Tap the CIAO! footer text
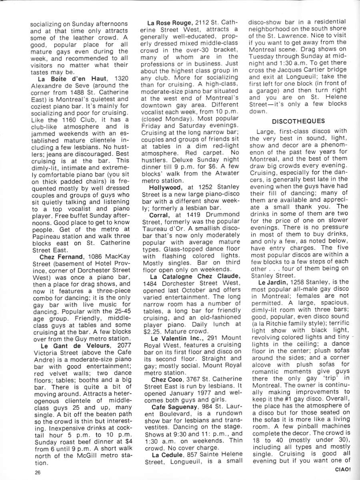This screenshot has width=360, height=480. point(343,470)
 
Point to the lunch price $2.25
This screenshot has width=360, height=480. point(152,331)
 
